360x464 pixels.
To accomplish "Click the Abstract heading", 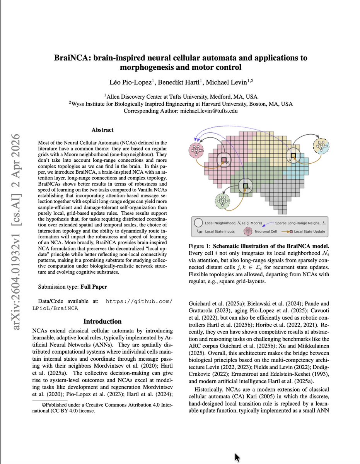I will pos(102,130).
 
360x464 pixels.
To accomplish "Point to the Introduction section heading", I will pos(102,321).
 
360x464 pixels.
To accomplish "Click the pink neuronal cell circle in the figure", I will pos(196,149).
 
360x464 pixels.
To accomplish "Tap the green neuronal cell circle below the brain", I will pos(223,201).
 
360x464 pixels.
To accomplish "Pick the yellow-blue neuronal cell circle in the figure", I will pos(322,146).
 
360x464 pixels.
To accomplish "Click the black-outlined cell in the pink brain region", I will pos(224,160).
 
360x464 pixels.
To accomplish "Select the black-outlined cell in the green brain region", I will pos(245,186).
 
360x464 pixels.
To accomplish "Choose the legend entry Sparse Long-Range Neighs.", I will pos(298,223).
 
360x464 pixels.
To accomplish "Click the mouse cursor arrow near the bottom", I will pos(237,457).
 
